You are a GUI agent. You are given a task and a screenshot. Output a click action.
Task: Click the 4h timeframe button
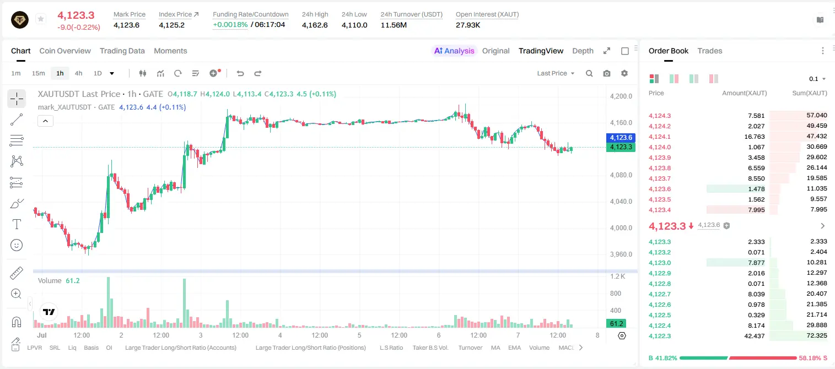tap(78, 73)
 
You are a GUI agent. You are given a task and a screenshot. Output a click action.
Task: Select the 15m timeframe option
tap(39, 73)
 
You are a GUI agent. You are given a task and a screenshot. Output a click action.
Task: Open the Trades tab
tap(710, 51)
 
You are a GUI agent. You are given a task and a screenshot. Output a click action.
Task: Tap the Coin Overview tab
tap(65, 51)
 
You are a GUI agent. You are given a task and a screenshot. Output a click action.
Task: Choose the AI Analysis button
tap(454, 51)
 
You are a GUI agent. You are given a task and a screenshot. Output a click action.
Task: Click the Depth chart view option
tap(583, 51)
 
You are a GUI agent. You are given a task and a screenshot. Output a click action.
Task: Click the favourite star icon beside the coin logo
tap(41, 19)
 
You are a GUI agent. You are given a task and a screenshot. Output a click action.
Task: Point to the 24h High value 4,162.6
tap(315, 25)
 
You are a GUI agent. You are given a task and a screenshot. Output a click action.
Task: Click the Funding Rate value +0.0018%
tap(230, 25)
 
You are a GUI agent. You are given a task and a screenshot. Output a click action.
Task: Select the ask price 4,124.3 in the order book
tap(659, 116)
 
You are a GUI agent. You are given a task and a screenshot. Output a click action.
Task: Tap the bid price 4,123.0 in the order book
tap(659, 263)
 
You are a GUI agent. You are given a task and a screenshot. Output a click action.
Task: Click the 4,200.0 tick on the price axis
tap(621, 96)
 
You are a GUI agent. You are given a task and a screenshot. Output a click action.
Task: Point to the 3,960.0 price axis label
tap(621, 254)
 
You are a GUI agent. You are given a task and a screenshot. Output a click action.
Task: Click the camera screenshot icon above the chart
tap(607, 73)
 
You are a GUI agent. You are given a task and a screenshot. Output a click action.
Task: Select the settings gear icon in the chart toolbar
tap(624, 73)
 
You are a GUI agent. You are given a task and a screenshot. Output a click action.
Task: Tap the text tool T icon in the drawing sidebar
tap(17, 224)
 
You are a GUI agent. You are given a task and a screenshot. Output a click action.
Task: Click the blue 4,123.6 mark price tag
tap(621, 137)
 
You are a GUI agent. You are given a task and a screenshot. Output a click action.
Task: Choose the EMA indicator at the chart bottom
tap(514, 348)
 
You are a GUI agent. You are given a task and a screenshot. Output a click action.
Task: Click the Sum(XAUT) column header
tap(809, 93)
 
